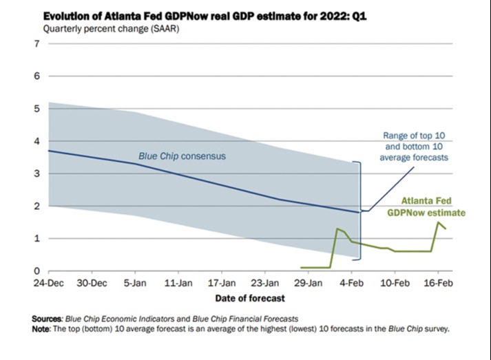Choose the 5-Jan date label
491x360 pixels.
click(134, 283)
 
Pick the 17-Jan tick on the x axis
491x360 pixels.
click(221, 283)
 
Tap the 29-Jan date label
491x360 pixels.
click(308, 283)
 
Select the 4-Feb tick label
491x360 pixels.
click(351, 283)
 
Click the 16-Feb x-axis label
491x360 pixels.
click(438, 283)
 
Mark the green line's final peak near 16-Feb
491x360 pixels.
click(438, 222)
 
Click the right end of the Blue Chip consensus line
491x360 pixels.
click(359, 212)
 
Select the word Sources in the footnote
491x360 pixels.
click(47, 319)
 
